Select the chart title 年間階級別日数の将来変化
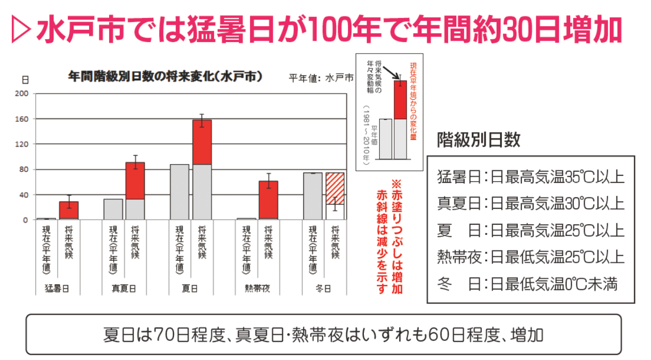(x=166, y=77)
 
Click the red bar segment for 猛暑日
(x=69, y=210)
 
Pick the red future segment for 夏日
(x=202, y=142)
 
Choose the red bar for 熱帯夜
(x=268, y=201)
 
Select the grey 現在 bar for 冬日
(x=312, y=196)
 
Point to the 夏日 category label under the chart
(x=190, y=289)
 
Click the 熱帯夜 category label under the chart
(x=257, y=289)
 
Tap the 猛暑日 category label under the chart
(x=57, y=289)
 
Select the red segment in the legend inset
(x=400, y=100)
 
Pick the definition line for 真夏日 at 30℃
(x=530, y=203)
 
